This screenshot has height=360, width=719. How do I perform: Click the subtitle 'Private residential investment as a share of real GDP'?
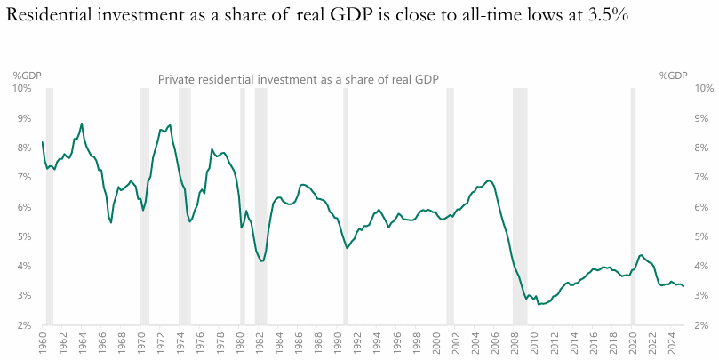(x=299, y=79)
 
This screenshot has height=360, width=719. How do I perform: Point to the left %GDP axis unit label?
(x=27, y=76)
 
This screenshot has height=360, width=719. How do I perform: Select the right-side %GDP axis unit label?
(x=674, y=76)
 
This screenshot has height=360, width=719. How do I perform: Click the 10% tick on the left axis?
(x=23, y=88)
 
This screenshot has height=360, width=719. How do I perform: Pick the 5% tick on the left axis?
(x=26, y=236)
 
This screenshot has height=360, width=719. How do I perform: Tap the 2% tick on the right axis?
(x=700, y=325)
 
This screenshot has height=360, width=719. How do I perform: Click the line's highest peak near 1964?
(x=82, y=124)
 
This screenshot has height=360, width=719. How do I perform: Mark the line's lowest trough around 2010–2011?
(x=539, y=304)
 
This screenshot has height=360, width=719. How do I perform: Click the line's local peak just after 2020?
(x=641, y=255)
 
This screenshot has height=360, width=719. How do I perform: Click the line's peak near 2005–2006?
(x=489, y=181)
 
